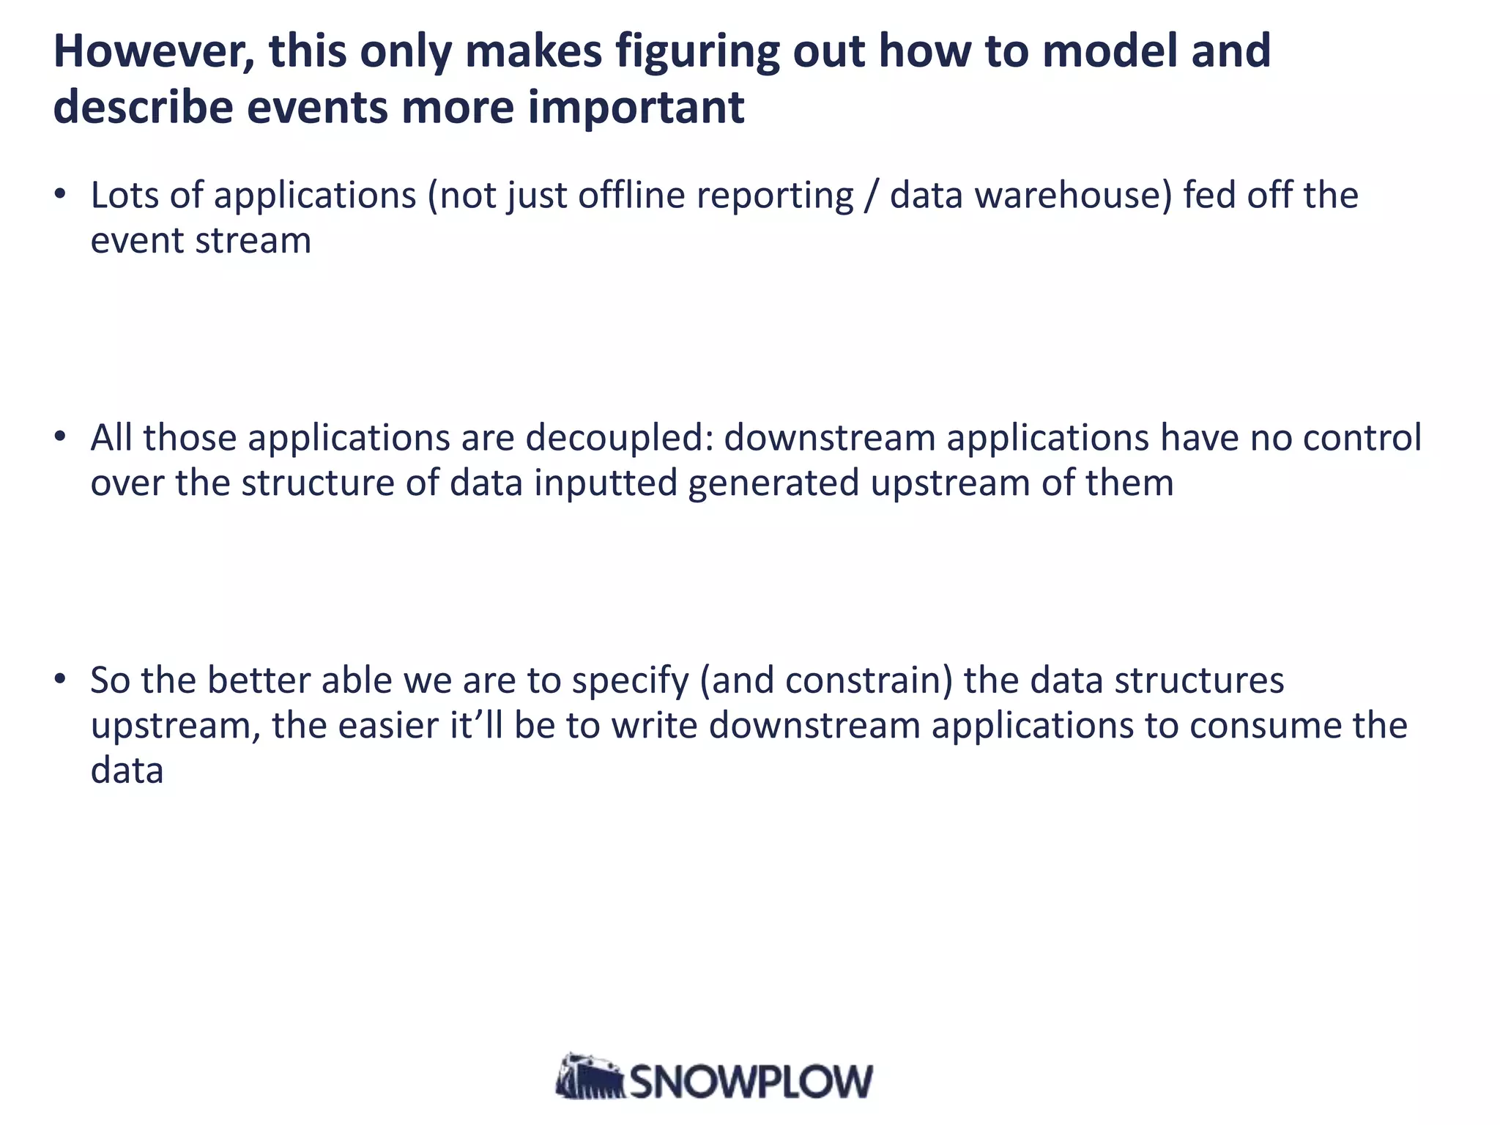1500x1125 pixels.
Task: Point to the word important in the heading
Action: coord(635,108)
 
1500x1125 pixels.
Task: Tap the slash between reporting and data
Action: coord(870,196)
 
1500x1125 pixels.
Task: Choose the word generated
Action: coord(773,483)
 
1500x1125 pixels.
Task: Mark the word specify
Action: coord(630,680)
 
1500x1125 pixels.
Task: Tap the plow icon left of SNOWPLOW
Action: coord(590,1077)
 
